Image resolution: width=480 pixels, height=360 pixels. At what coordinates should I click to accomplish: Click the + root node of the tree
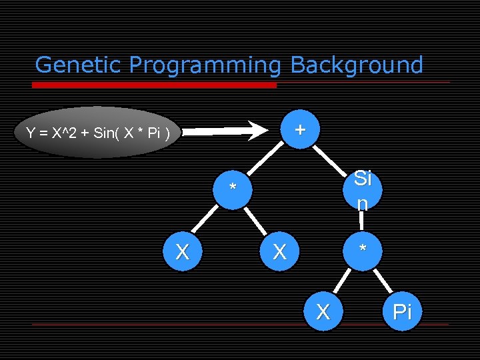[301, 129]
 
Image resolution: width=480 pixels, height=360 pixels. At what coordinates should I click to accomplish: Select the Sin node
[362, 190]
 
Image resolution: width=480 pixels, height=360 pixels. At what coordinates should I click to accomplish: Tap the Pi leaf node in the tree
[402, 312]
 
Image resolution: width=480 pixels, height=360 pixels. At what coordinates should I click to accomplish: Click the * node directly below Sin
[362, 251]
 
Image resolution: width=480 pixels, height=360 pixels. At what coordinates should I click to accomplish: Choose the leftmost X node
[181, 251]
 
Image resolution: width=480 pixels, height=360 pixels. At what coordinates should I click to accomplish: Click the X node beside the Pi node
[323, 312]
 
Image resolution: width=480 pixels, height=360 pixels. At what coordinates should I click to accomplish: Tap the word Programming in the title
[206, 65]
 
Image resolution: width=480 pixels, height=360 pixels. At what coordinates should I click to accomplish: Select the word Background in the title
[357, 65]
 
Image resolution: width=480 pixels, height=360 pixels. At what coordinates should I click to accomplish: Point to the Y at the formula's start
[31, 133]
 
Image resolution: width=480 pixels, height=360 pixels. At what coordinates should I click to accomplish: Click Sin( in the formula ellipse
[109, 133]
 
